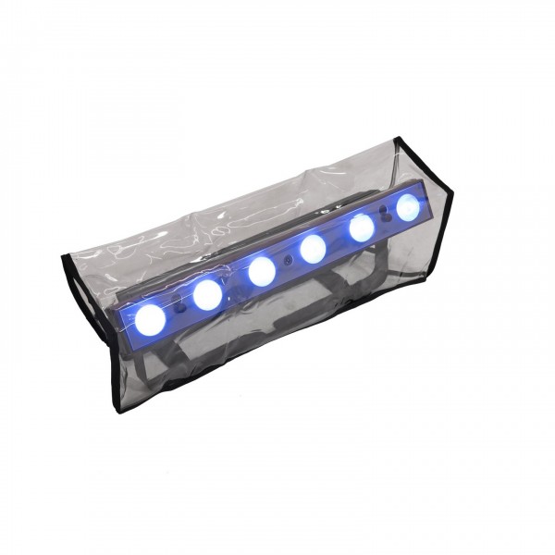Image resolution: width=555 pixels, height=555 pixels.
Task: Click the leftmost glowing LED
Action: [151, 318]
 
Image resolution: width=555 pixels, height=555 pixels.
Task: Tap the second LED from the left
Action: [207, 294]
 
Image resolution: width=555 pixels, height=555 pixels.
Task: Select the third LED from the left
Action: [263, 270]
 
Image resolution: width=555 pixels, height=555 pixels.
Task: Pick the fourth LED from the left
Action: [313, 247]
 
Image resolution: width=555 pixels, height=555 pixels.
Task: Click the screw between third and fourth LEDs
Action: [288, 252]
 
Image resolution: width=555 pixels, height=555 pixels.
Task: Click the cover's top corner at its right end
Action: [398, 140]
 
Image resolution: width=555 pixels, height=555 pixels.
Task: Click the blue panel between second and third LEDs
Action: [235, 283]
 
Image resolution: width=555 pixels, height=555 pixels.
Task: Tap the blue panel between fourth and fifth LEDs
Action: [338, 237]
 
